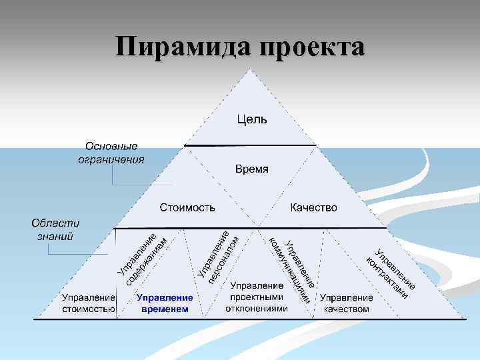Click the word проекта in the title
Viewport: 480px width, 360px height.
click(309, 48)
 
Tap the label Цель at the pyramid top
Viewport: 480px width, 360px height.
click(251, 120)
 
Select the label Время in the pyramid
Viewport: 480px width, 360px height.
click(251, 169)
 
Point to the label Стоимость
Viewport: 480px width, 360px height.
click(187, 208)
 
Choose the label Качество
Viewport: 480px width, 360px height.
click(313, 208)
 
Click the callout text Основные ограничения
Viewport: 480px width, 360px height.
click(111, 153)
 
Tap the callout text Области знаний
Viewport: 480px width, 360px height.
click(55, 229)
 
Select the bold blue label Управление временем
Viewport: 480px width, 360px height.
click(165, 303)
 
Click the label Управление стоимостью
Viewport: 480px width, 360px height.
click(89, 303)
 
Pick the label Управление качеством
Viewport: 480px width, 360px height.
click(346, 303)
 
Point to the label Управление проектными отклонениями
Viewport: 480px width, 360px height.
click(257, 297)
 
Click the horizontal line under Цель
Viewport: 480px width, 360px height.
click(250, 145)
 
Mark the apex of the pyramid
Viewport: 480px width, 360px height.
click(251, 69)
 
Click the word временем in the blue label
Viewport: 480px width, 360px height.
click(165, 309)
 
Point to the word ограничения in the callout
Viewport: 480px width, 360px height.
click(111, 159)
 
